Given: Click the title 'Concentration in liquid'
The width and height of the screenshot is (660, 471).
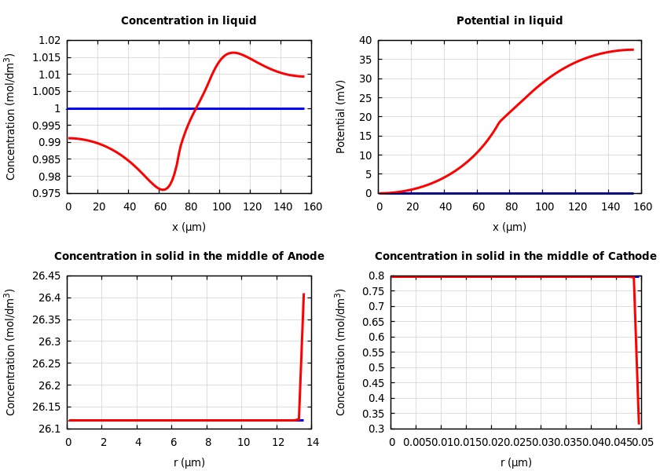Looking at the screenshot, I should pyautogui.click(x=189, y=21).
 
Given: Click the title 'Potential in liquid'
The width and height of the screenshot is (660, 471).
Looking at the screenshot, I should pyautogui.click(x=509, y=21).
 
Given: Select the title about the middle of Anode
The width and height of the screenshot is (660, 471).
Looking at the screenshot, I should pyautogui.click(x=189, y=257).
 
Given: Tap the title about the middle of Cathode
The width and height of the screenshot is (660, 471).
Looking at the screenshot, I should pyautogui.click(x=515, y=257).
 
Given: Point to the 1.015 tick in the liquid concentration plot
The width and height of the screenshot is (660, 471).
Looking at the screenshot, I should pyautogui.click(x=48, y=57).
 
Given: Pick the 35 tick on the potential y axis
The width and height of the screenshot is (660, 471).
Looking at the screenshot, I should pyautogui.click(x=365, y=60).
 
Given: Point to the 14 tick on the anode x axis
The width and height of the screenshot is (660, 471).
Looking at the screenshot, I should pyautogui.click(x=312, y=443).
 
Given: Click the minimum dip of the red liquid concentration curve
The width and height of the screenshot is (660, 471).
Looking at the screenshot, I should pyautogui.click(x=163, y=189).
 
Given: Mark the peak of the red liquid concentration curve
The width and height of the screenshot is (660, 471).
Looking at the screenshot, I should pyautogui.click(x=233, y=53).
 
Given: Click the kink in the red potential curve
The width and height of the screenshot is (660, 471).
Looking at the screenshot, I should pyautogui.click(x=500, y=122).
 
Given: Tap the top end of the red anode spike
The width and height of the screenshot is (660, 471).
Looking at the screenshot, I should pyautogui.click(x=303, y=294).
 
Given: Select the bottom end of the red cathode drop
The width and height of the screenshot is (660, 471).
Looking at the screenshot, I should pyautogui.click(x=639, y=423).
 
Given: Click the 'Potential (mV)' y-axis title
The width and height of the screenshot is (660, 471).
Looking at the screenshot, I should pyautogui.click(x=341, y=116).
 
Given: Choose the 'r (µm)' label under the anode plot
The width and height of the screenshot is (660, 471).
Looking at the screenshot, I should pyautogui.click(x=189, y=462).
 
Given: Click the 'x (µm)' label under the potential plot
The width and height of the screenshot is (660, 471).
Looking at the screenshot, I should pyautogui.click(x=509, y=227).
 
